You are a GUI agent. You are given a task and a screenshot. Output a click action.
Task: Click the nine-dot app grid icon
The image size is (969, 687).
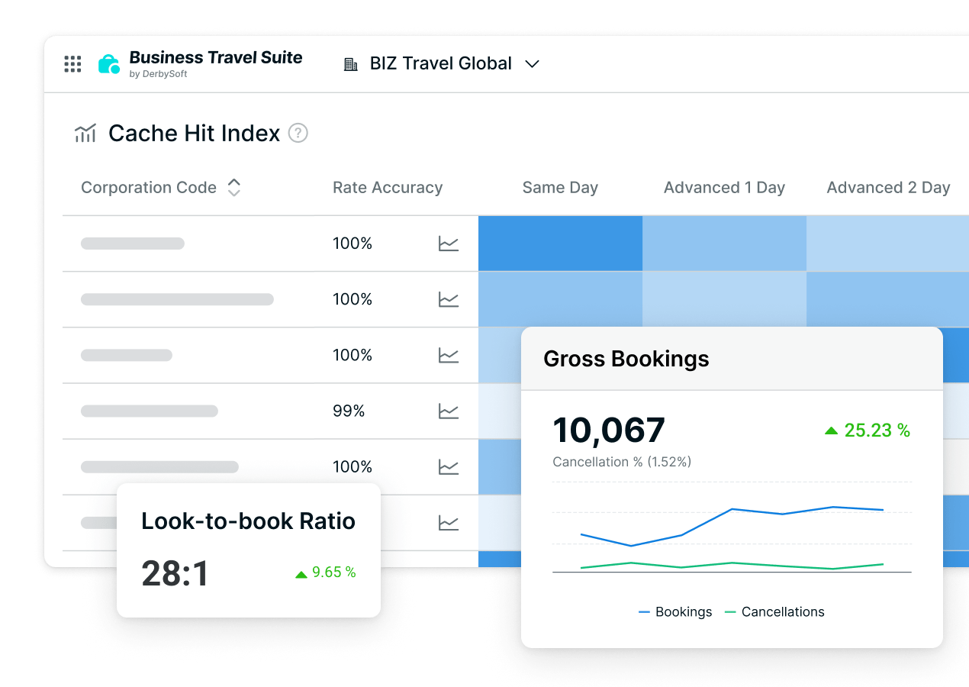pos(72,64)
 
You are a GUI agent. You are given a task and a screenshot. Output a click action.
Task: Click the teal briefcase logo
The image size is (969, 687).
pos(109,64)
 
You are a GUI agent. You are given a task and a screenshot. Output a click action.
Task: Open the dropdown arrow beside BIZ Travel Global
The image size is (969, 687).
pos(533,64)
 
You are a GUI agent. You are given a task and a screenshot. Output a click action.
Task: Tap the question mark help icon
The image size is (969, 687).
pos(298,134)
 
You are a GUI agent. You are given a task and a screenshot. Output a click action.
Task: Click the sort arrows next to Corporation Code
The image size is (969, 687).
pos(234,188)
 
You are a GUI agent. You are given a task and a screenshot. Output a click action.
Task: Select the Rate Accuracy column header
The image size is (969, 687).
pos(388,188)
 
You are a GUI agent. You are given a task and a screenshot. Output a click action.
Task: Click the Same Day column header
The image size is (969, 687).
pos(560,188)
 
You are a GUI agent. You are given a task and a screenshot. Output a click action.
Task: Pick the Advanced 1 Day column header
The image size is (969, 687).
pos(724,188)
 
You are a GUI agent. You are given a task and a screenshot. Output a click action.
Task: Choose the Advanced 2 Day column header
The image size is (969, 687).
pos(888,188)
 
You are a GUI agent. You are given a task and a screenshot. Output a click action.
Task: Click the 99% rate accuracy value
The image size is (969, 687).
pos(349,411)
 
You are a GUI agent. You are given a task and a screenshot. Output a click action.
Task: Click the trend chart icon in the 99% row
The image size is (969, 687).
pos(449,411)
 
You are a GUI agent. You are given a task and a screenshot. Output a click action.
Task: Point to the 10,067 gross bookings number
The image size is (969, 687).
pos(609,431)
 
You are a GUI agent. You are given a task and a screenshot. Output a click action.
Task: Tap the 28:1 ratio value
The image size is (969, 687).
pos(175,574)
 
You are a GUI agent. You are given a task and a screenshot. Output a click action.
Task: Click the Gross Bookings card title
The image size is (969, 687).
pos(626,359)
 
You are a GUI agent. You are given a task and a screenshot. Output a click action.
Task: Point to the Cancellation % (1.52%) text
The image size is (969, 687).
pos(622,462)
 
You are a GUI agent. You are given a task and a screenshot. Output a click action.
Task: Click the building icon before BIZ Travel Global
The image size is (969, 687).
pos(351,64)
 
